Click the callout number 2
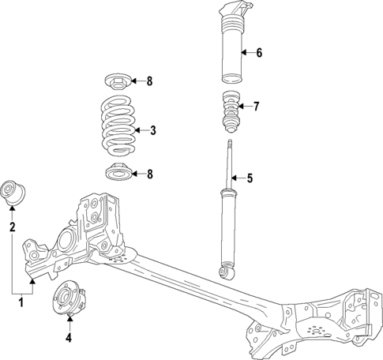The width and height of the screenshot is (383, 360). coord(13,227)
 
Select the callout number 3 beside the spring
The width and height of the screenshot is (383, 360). coord(153,130)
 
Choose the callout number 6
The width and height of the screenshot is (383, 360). coord(257,54)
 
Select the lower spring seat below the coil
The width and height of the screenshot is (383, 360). coord(118,173)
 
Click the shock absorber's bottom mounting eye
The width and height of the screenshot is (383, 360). coord(228,273)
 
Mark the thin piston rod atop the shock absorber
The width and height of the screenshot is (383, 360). coord(230,158)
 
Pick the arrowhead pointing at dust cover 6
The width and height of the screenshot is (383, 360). coord(245,54)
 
